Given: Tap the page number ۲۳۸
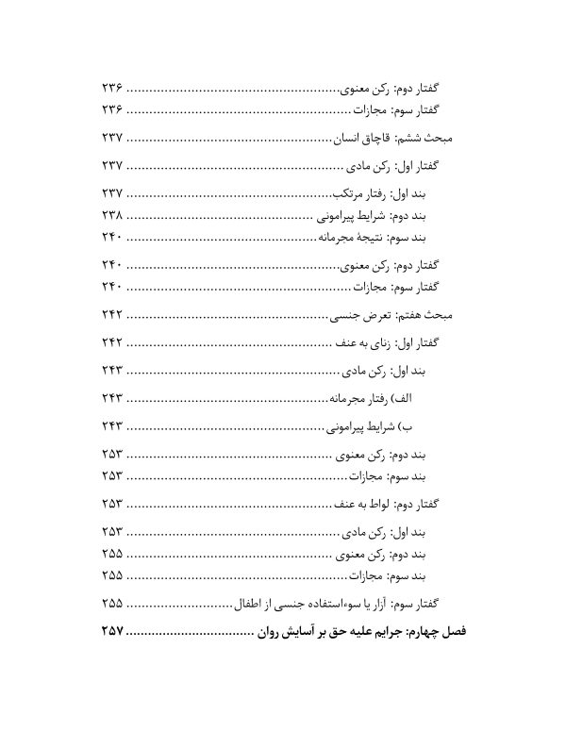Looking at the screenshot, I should coord(112,215).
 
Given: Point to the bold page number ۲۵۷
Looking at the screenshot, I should coord(112,628).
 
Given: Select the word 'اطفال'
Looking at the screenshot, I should coord(249,602).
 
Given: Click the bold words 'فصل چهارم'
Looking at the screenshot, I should coord(441,628).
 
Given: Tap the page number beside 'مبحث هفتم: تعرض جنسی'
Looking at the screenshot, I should coord(112,315).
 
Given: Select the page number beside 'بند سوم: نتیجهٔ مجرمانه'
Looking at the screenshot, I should coord(112,236).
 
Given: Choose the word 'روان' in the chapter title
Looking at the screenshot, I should coord(268,628).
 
